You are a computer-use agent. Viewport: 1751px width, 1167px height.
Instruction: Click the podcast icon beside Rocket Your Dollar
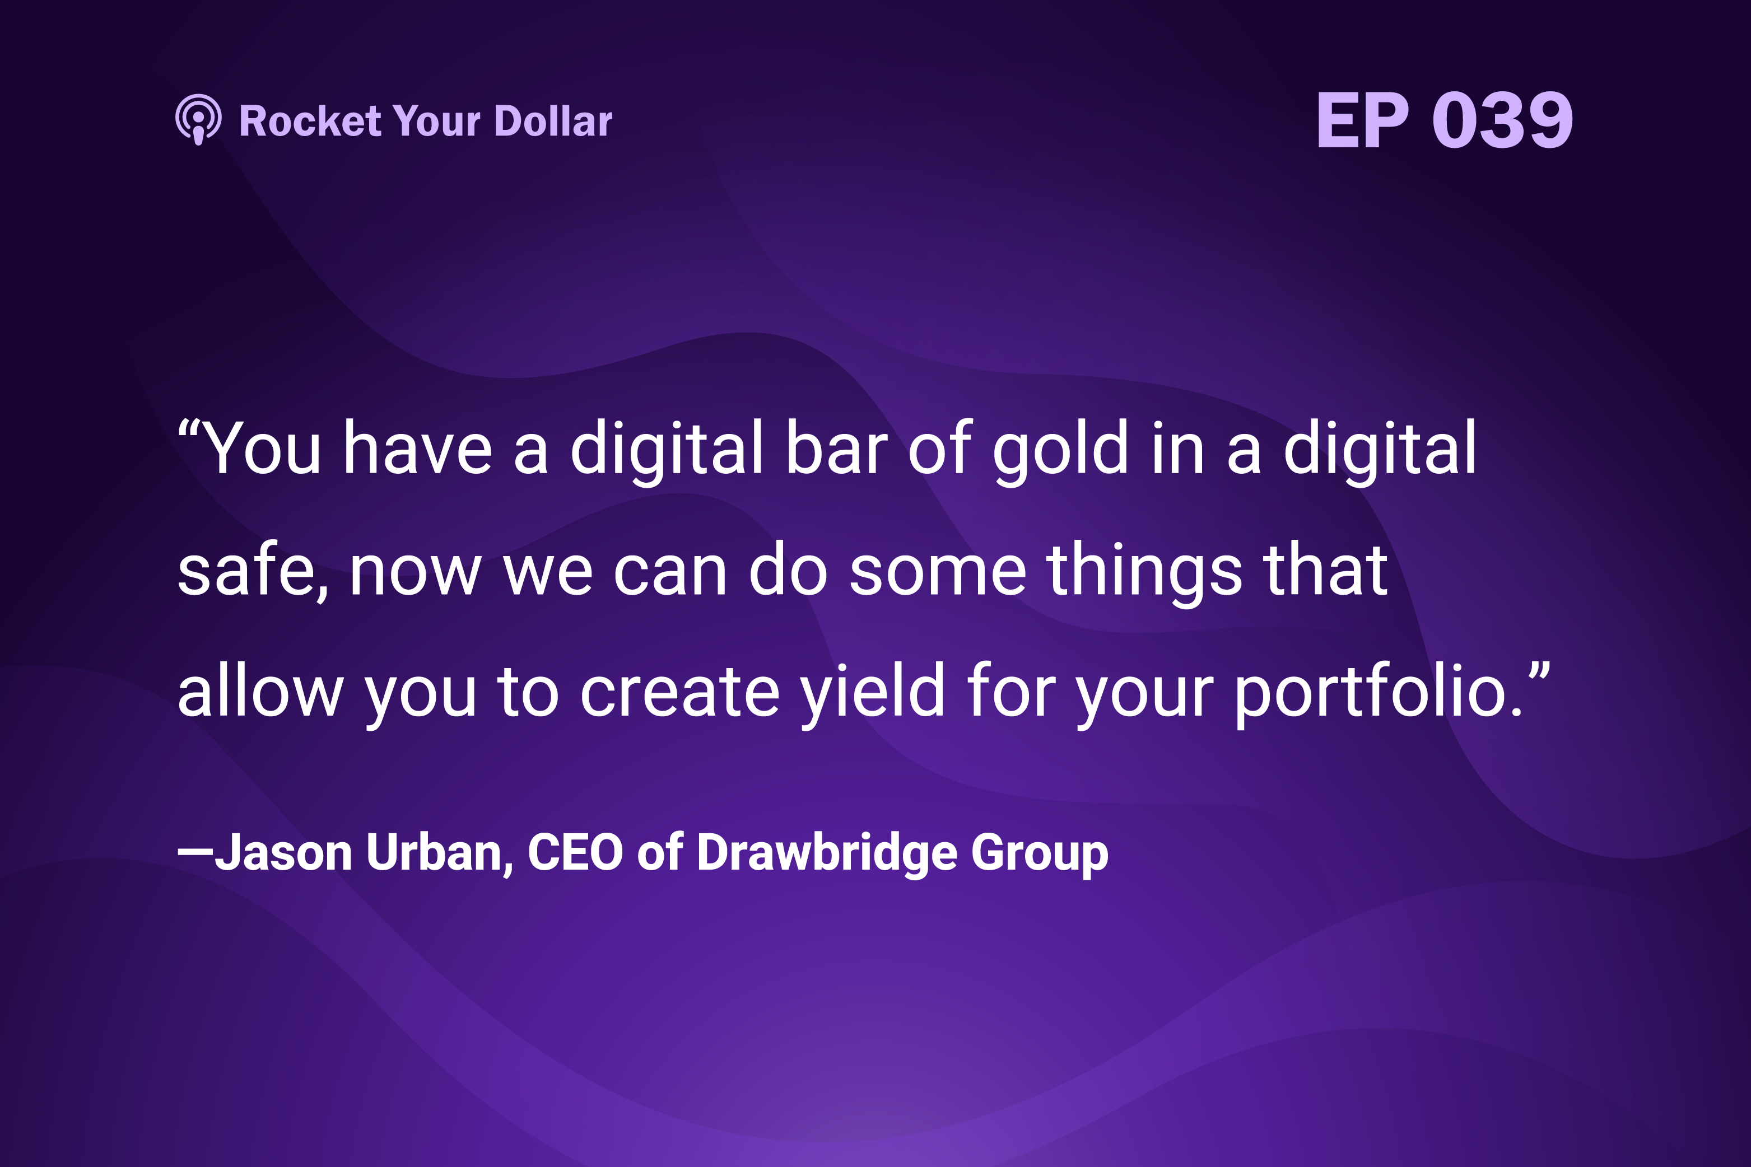[198, 119]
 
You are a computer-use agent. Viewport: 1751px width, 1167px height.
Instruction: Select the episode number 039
[1502, 120]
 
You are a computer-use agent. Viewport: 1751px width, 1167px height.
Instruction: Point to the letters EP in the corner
[1362, 120]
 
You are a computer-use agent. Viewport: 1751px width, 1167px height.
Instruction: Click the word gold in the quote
[1060, 448]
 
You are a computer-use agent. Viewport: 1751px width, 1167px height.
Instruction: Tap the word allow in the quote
[260, 690]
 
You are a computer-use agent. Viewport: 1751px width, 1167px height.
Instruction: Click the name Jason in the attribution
[283, 852]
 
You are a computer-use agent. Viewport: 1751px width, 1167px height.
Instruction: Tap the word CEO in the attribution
[575, 852]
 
